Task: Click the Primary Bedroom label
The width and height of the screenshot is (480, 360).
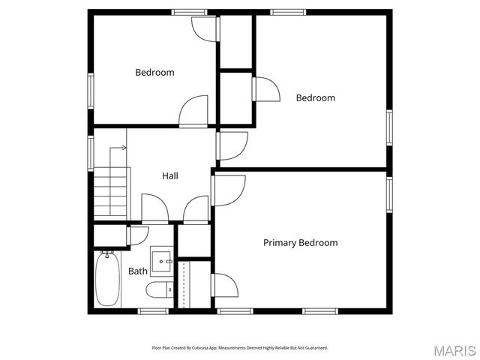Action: pyautogui.click(x=300, y=243)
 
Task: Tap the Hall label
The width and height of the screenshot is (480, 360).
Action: pyautogui.click(x=170, y=176)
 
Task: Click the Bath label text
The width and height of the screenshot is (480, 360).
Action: pyautogui.click(x=138, y=271)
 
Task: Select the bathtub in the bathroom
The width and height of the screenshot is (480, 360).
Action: pyautogui.click(x=106, y=278)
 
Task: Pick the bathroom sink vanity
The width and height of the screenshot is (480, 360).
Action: pyautogui.click(x=161, y=260)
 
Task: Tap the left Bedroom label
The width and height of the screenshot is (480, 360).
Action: pyautogui.click(x=154, y=73)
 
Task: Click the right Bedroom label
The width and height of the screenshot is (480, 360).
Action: pyautogui.click(x=315, y=97)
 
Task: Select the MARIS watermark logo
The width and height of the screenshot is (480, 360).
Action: pyautogui.click(x=454, y=350)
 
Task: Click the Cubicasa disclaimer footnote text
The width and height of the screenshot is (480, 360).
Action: pyautogui.click(x=240, y=348)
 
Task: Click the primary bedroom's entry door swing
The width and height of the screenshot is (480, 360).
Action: pyautogui.click(x=229, y=189)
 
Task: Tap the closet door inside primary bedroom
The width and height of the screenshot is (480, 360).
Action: pyautogui.click(x=225, y=286)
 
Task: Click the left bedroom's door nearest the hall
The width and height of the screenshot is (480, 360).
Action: pyautogui.click(x=193, y=111)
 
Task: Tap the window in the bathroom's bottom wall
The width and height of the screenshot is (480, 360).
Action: pyautogui.click(x=153, y=310)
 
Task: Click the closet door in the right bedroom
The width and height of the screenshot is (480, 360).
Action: pyautogui.click(x=265, y=89)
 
